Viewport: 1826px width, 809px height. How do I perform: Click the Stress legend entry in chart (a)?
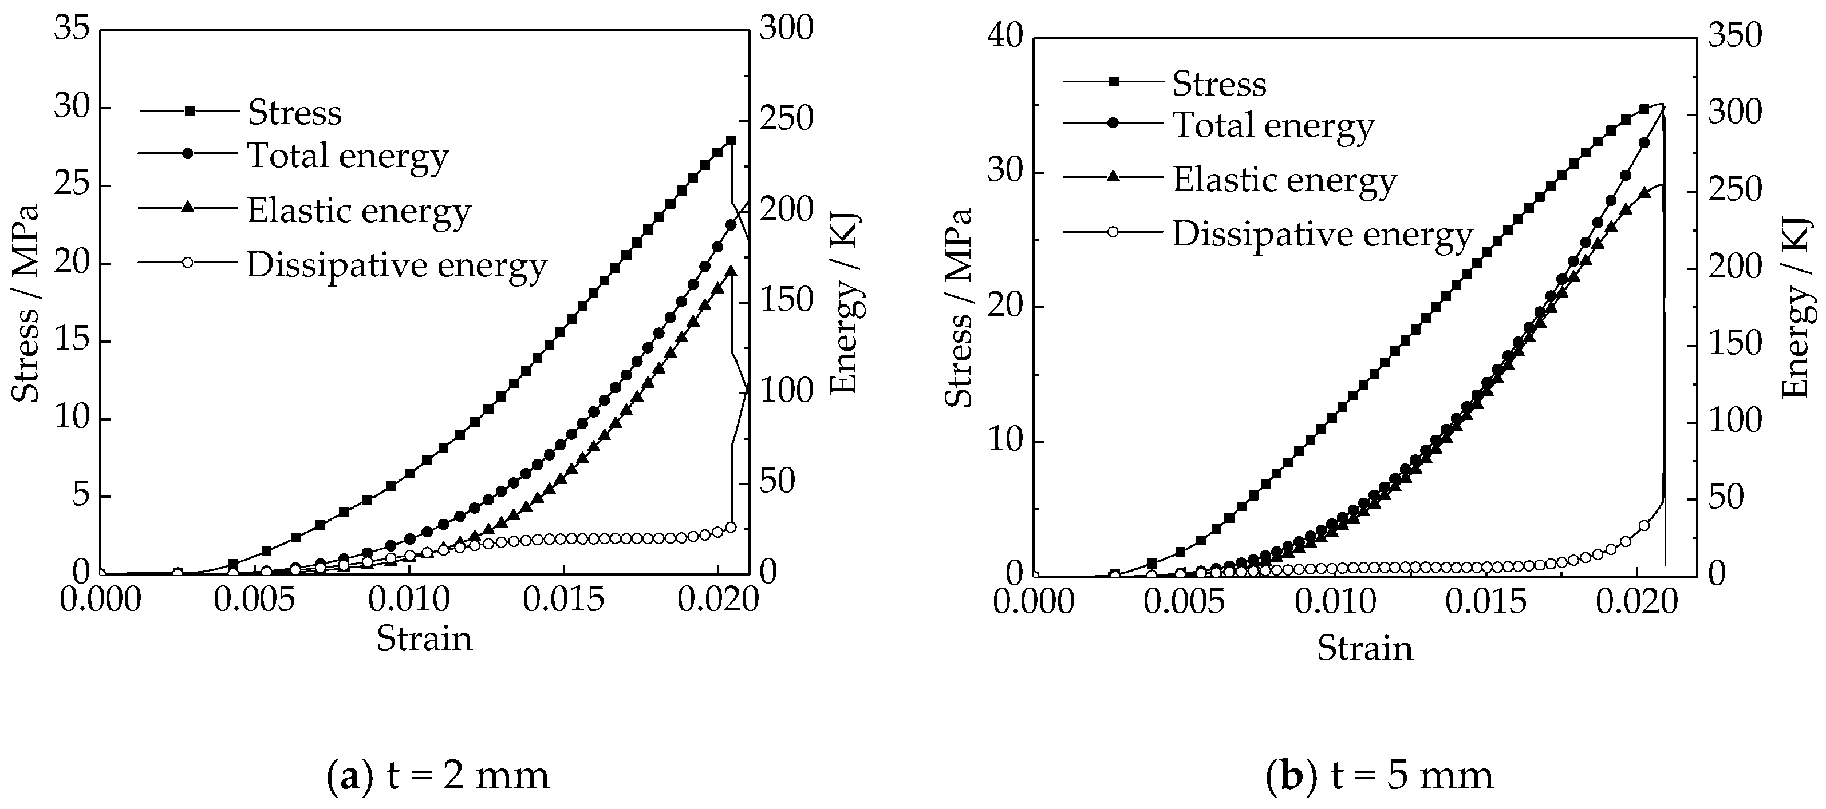294,112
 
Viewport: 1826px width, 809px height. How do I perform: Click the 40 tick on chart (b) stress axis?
1005,35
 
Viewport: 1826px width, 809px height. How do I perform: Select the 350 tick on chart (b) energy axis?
1734,35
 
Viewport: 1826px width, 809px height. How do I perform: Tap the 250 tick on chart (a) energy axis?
786,118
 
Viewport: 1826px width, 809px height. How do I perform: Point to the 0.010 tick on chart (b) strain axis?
1335,602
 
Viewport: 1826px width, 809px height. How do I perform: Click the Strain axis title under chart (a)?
424,639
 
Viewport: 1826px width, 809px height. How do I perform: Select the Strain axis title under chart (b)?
1364,648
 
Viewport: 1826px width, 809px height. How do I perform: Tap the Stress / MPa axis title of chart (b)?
959,307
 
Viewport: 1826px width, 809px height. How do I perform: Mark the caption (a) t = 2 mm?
438,776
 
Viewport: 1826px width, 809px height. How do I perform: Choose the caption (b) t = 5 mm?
1379,776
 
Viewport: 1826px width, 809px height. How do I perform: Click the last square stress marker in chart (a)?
731,140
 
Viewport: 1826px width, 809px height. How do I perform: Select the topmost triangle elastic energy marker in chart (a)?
731,270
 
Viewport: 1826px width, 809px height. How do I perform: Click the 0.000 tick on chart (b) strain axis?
1034,602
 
